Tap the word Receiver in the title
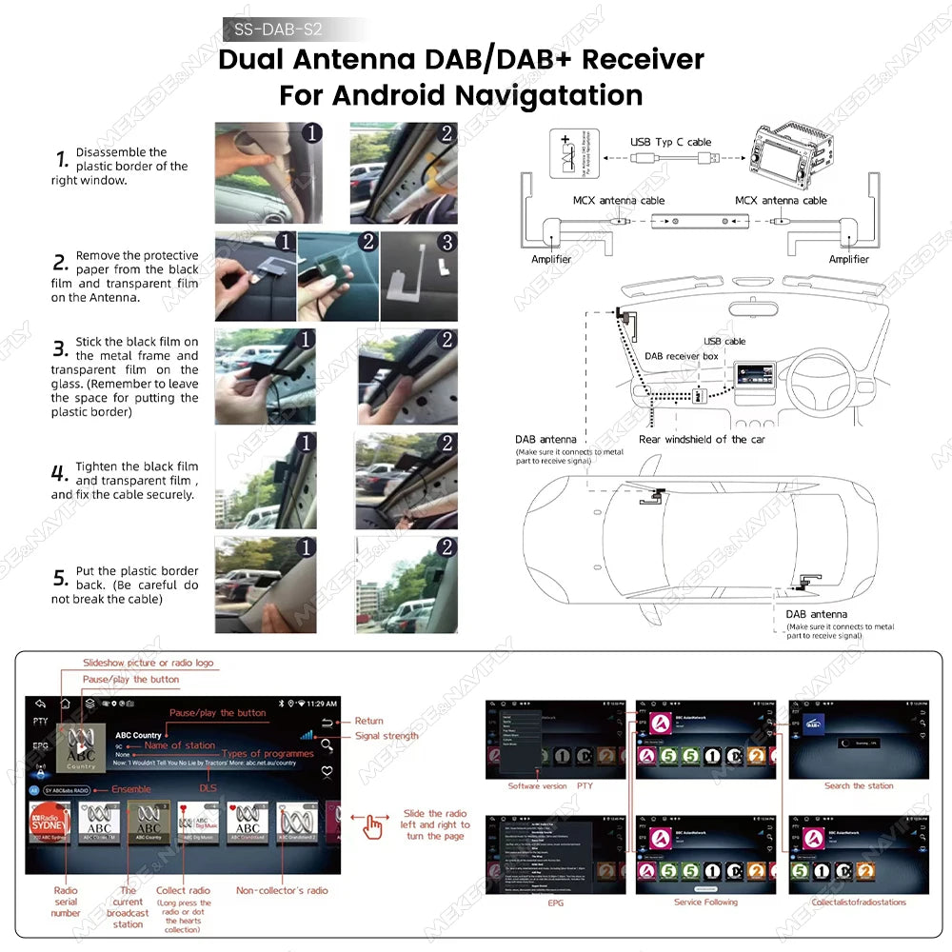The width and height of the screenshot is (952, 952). click(643, 59)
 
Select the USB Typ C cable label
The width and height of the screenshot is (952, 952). click(670, 142)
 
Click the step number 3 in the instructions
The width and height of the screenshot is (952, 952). click(60, 348)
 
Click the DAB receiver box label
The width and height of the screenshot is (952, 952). click(681, 356)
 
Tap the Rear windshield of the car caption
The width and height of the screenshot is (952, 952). click(702, 439)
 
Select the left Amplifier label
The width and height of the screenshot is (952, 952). click(551, 259)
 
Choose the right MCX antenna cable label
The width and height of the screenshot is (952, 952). click(781, 201)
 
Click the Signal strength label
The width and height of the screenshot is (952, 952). click(386, 736)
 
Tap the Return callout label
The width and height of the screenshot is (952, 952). click(368, 721)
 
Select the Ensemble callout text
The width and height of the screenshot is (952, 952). click(131, 789)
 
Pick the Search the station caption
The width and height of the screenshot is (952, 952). click(859, 785)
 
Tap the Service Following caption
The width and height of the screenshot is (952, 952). click(706, 902)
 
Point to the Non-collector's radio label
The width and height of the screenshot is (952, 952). click(282, 890)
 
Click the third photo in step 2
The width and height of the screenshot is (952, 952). click(419, 276)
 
